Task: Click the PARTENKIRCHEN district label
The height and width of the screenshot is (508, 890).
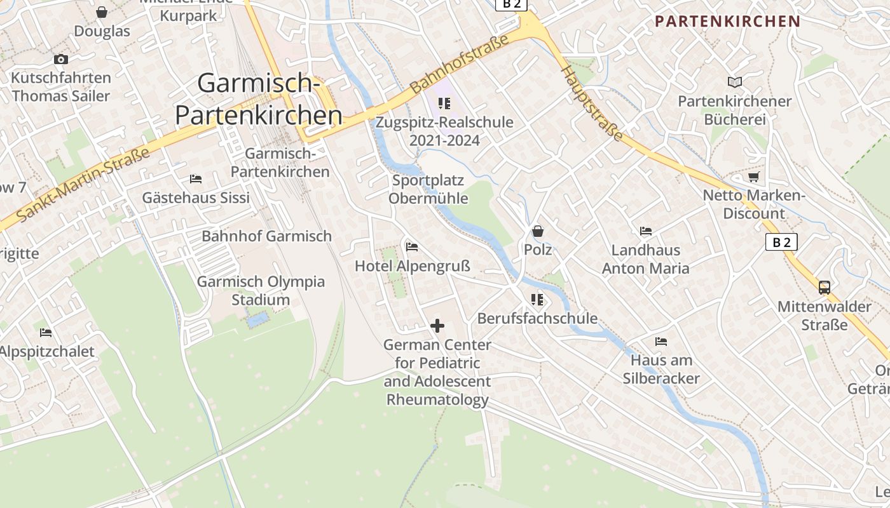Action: pyautogui.click(x=727, y=22)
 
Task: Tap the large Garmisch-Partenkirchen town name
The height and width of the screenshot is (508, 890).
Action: pyautogui.click(x=258, y=99)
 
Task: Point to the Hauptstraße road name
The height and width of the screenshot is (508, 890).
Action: pyautogui.click(x=592, y=105)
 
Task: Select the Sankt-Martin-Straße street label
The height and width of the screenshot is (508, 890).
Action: pyautogui.click(x=83, y=185)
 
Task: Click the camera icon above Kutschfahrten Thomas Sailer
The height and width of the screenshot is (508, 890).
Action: pyautogui.click(x=61, y=59)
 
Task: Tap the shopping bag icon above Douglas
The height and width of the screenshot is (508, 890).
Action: pyautogui.click(x=102, y=12)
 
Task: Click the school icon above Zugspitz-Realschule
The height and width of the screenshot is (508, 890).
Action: pyautogui.click(x=444, y=103)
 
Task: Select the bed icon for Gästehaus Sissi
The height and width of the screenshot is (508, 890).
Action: pyautogui.click(x=196, y=179)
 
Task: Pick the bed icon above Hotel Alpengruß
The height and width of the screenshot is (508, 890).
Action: pyautogui.click(x=412, y=246)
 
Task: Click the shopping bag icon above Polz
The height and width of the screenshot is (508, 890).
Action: pyautogui.click(x=538, y=231)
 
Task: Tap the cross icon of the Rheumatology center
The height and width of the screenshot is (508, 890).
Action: pyautogui.click(x=437, y=326)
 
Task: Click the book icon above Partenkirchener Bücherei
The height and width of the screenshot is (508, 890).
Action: pyautogui.click(x=735, y=82)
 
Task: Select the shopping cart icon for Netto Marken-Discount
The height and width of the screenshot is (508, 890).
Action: pyautogui.click(x=754, y=177)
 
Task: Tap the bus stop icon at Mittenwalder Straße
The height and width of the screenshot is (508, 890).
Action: pyautogui.click(x=825, y=287)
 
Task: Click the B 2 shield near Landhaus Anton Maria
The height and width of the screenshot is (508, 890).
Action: pyautogui.click(x=781, y=242)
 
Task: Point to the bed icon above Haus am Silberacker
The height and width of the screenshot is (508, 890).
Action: pyautogui.click(x=661, y=342)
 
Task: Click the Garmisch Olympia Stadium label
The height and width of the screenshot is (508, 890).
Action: pyautogui.click(x=261, y=290)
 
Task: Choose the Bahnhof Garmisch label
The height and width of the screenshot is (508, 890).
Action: pyautogui.click(x=266, y=236)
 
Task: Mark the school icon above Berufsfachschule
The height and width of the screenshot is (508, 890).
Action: pyautogui.click(x=537, y=299)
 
